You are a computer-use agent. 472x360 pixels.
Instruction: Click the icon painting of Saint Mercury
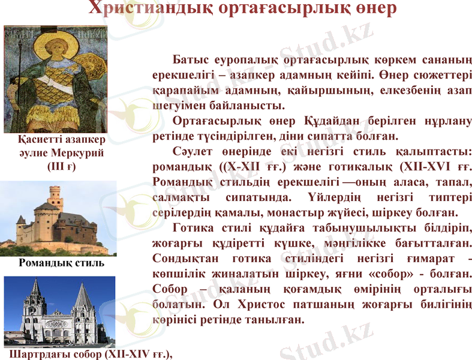[55, 79]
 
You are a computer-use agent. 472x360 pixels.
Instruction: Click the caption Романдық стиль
[62, 262]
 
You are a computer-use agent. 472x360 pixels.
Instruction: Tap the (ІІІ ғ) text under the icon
[61, 166]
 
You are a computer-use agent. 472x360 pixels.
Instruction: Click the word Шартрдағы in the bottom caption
[34, 354]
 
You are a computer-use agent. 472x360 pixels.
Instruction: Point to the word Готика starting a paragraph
[191, 228]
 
